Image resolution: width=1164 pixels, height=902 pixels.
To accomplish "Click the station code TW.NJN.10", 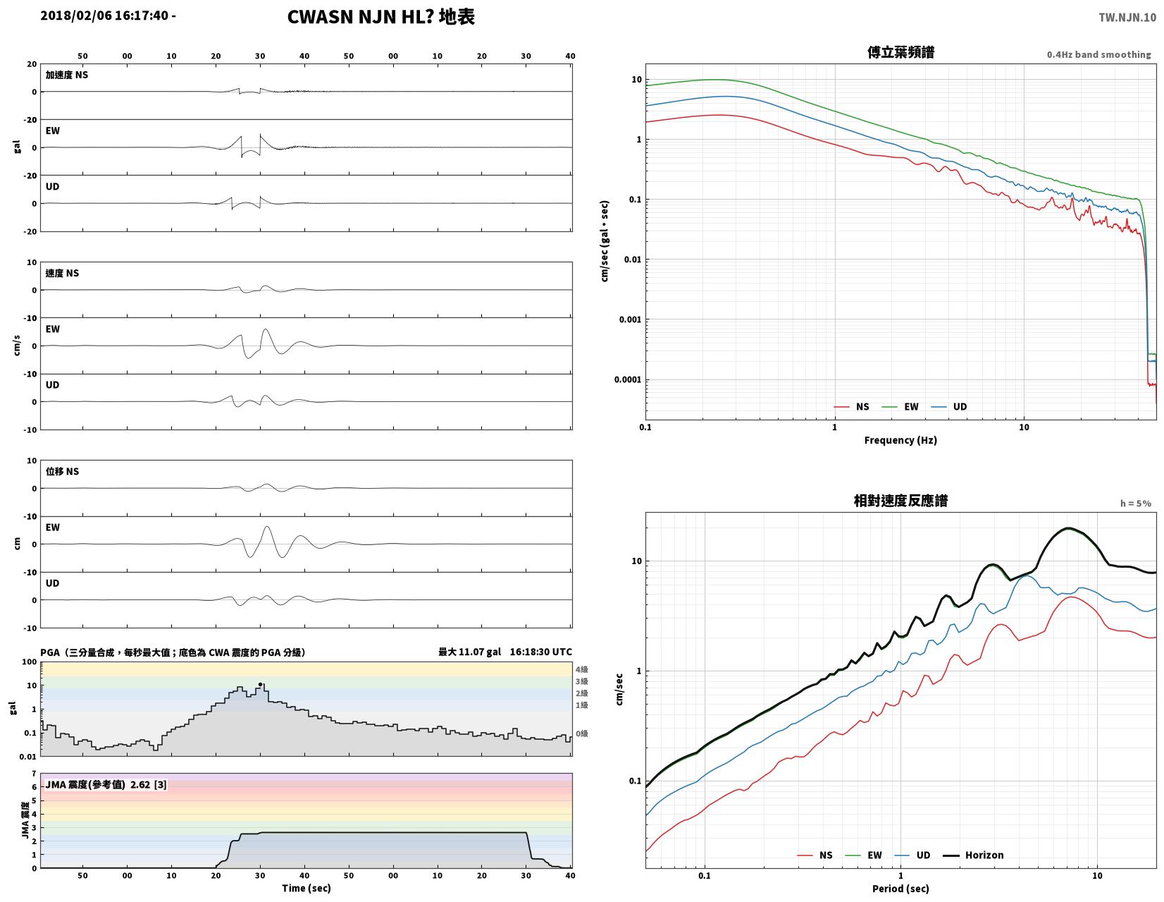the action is pyautogui.click(x=1127, y=17).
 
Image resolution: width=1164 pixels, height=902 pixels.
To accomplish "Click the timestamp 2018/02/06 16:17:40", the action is pyautogui.click(x=104, y=16).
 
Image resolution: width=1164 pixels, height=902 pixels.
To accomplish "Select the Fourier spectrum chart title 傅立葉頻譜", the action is pyautogui.click(x=900, y=52).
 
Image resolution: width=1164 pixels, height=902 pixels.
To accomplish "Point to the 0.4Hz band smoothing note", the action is pyautogui.click(x=1098, y=55).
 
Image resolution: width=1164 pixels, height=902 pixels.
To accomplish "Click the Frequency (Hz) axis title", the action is pyautogui.click(x=900, y=440).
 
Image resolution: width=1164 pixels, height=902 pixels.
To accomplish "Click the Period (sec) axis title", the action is pyautogui.click(x=900, y=888).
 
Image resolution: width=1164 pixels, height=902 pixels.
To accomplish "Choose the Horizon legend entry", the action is pyautogui.click(x=972, y=855).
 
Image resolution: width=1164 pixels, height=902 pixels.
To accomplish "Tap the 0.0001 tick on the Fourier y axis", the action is pyautogui.click(x=627, y=380).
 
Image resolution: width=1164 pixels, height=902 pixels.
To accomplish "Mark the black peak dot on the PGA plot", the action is pyautogui.click(x=260, y=684).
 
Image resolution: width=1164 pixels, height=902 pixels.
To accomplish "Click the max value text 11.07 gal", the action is pyautogui.click(x=479, y=652).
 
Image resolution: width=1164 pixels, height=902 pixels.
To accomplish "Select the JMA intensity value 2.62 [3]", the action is pyautogui.click(x=149, y=785).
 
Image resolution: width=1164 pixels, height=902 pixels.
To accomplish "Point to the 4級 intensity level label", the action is pyautogui.click(x=581, y=669).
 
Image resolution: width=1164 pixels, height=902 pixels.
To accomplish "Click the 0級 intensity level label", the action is pyautogui.click(x=581, y=733).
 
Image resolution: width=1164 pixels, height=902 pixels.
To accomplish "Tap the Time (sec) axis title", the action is pyautogui.click(x=307, y=888).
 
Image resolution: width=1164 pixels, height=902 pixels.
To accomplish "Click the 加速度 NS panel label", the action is pyautogui.click(x=67, y=75).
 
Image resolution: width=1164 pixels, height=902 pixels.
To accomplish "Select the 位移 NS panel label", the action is pyautogui.click(x=62, y=471).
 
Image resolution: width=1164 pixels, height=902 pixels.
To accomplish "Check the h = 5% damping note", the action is pyautogui.click(x=1135, y=504).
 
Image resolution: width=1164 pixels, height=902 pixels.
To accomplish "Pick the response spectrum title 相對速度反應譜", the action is pyautogui.click(x=900, y=501).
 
